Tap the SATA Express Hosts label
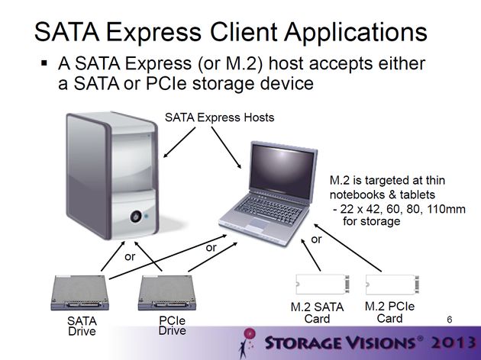click(219, 117)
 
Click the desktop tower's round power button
click(136, 217)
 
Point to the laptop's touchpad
click(259, 223)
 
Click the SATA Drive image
click(79, 293)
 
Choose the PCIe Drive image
click(167, 293)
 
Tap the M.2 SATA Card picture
click(322, 284)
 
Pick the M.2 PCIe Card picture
click(392, 284)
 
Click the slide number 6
click(450, 320)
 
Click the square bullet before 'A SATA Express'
click(44, 63)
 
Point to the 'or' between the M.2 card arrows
click(316, 239)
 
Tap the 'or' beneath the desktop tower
click(130, 257)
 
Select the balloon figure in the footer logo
click(247, 342)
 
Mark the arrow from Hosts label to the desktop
click(179, 142)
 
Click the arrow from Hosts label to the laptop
click(226, 148)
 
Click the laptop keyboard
click(269, 210)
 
